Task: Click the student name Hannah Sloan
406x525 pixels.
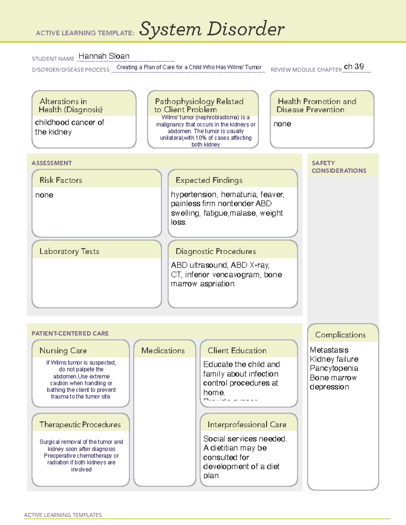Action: pos(104,56)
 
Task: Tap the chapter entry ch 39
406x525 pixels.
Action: pos(354,67)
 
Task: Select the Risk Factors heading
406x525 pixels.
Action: pos(61,180)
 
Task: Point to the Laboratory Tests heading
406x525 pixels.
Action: pos(69,251)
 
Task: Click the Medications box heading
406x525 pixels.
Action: pos(163,351)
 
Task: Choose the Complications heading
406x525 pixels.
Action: pos(340,335)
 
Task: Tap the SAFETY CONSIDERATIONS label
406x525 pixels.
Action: pos(339,167)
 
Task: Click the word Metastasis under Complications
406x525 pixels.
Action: pos(329,350)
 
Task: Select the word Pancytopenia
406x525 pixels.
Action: pos(334,368)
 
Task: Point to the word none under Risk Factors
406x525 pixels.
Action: pos(44,195)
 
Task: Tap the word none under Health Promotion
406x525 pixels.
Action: pos(282,124)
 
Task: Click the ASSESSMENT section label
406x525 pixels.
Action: pos(51,163)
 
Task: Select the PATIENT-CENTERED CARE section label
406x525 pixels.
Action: pos(70,333)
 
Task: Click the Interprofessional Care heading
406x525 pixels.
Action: pos(247,424)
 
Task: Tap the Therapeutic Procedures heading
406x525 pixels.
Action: pos(80,424)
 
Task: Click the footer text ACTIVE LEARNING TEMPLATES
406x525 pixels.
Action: pos(63,515)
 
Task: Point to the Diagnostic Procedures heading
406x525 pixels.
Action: pos(216,251)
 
